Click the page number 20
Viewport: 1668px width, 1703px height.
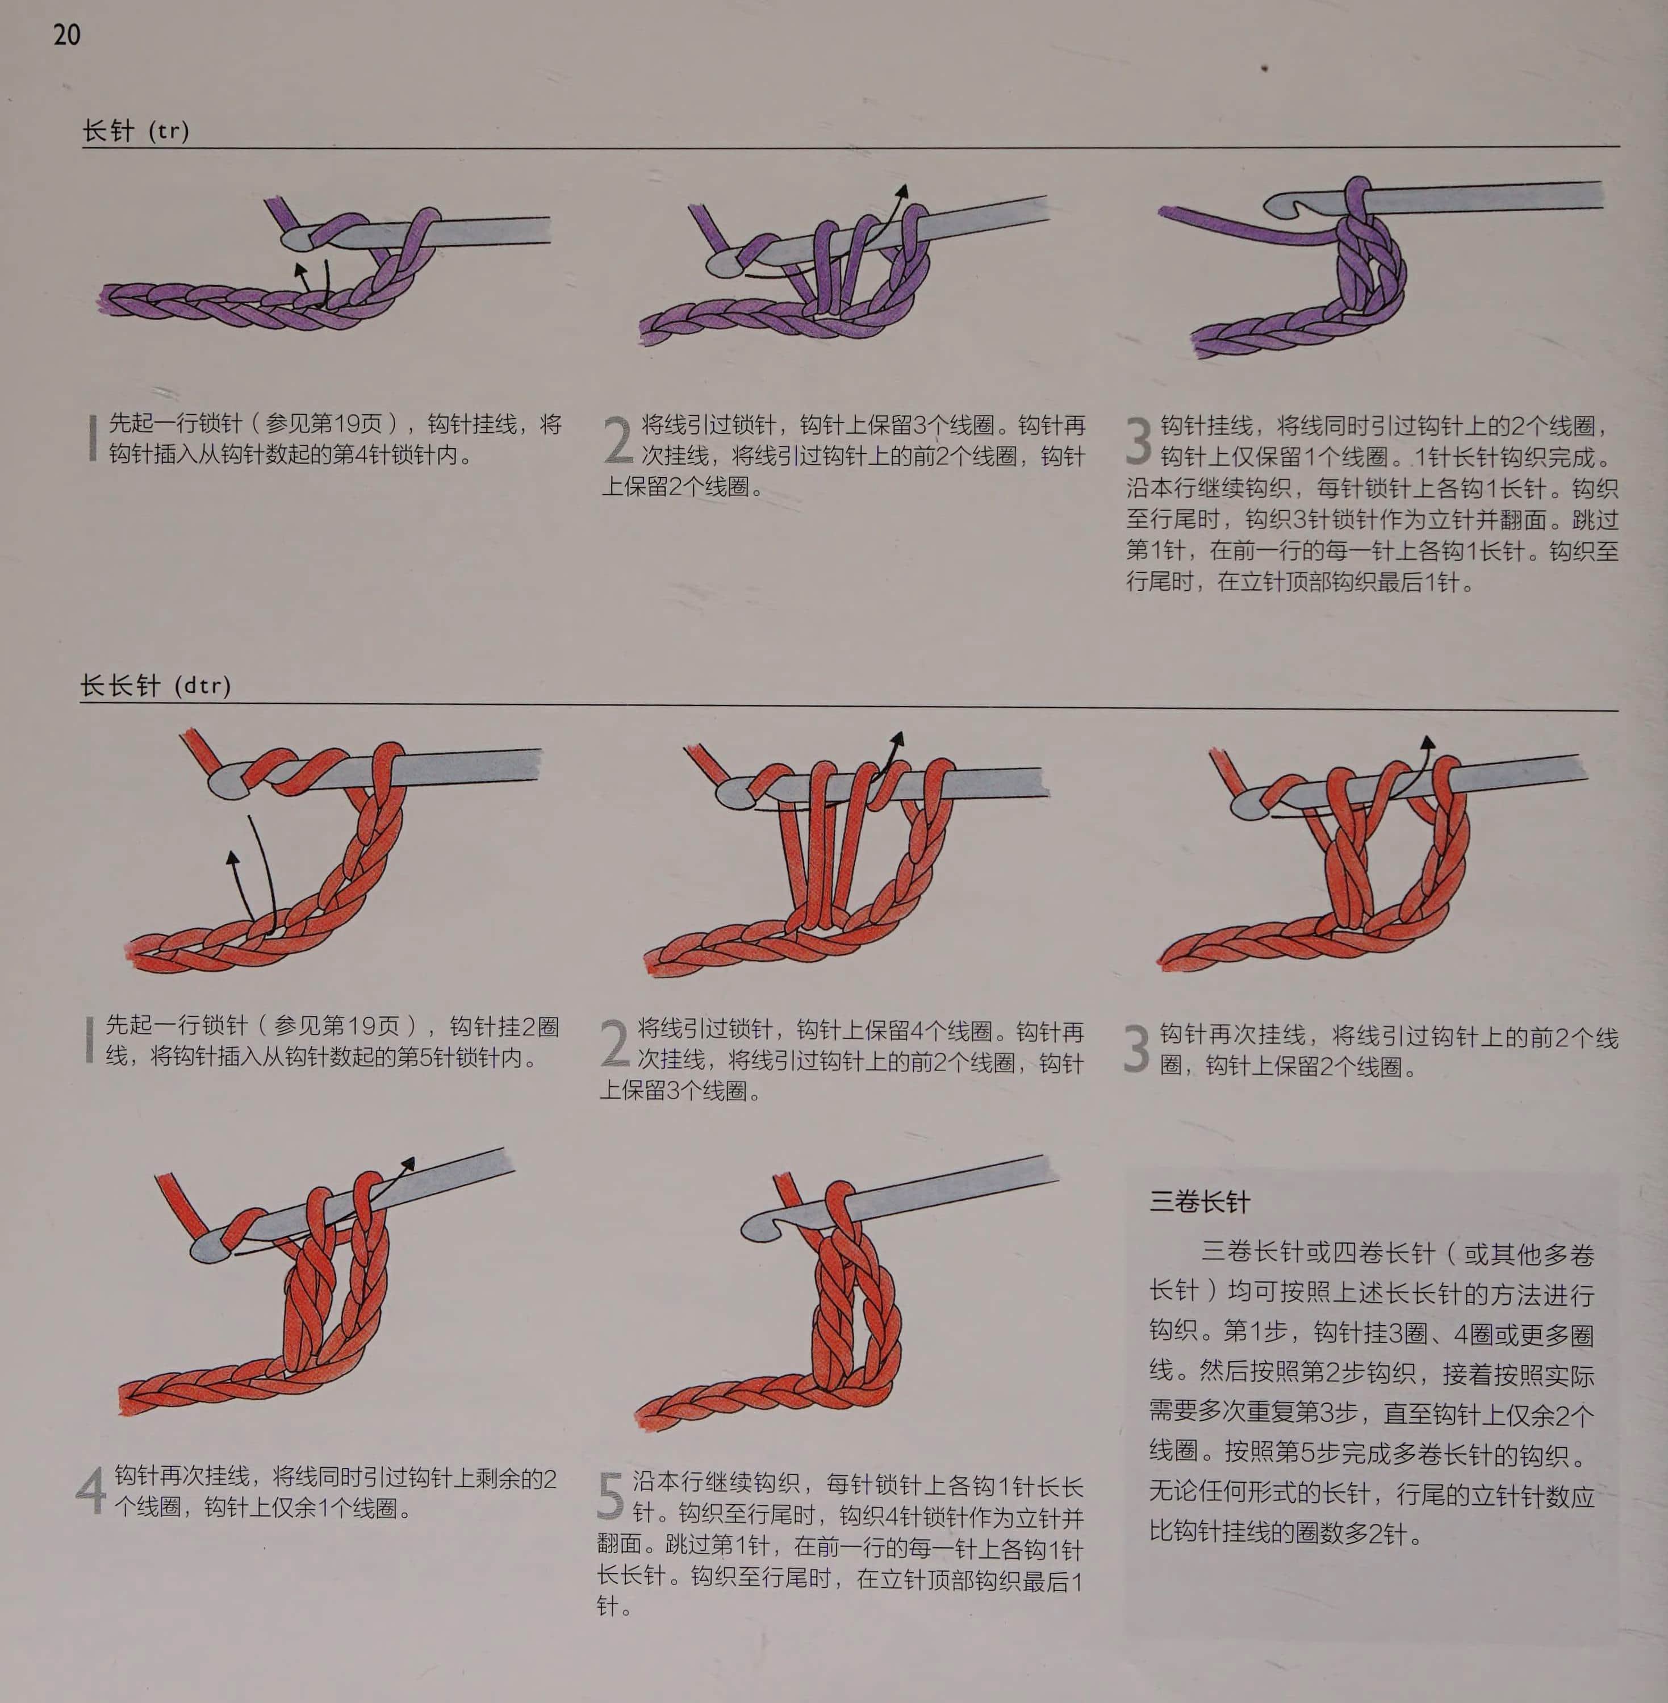(66, 35)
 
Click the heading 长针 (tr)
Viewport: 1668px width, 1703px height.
(136, 131)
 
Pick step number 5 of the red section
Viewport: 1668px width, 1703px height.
(611, 1496)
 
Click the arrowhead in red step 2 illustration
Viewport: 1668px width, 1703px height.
(897, 740)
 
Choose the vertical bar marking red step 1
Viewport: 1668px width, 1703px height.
(89, 1040)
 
